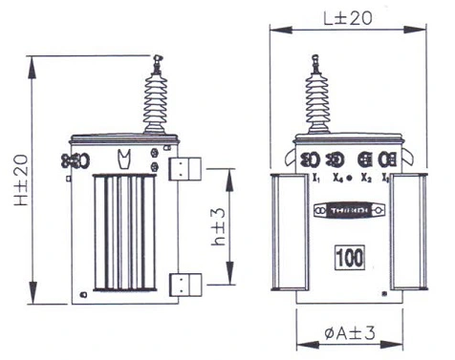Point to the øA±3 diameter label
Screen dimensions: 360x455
[x=342, y=333]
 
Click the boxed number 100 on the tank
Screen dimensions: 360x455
[x=348, y=257]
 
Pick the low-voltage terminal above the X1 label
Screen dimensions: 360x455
[x=310, y=159]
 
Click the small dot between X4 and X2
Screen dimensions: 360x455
[x=351, y=178]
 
